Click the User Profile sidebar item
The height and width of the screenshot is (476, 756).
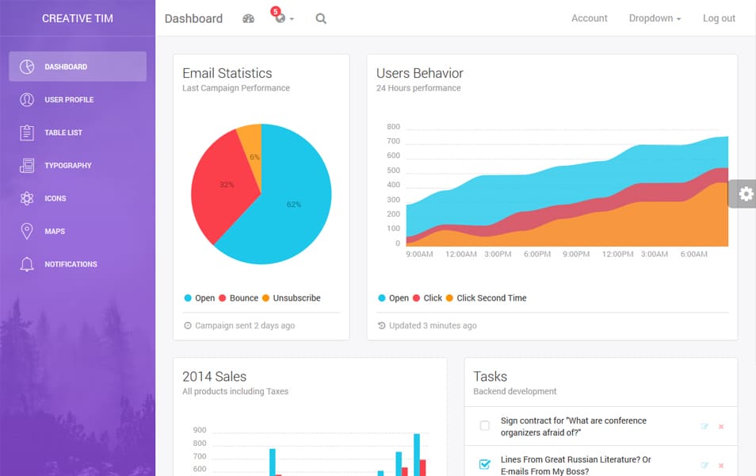click(x=69, y=100)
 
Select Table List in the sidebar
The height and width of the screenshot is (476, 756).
click(x=63, y=132)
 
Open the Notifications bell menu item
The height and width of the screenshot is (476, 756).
click(x=71, y=264)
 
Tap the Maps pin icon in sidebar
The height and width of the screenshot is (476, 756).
click(x=27, y=231)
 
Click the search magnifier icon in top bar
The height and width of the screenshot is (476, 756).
click(x=321, y=18)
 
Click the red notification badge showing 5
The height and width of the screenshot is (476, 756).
click(x=275, y=11)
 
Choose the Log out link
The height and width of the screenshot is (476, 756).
click(x=719, y=18)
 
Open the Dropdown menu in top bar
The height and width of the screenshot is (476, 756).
click(x=655, y=18)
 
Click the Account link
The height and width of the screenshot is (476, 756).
click(x=590, y=18)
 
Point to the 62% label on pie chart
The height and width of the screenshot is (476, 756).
click(x=293, y=205)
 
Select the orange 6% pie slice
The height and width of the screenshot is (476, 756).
click(x=251, y=147)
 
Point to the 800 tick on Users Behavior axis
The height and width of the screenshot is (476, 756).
click(x=393, y=127)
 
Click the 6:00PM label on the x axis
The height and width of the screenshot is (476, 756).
click(x=536, y=255)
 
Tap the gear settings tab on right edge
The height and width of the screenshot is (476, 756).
click(x=745, y=194)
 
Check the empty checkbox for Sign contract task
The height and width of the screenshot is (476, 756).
click(x=485, y=426)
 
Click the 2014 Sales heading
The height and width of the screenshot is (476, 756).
click(x=214, y=377)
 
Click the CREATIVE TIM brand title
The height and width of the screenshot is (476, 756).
click(x=78, y=18)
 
